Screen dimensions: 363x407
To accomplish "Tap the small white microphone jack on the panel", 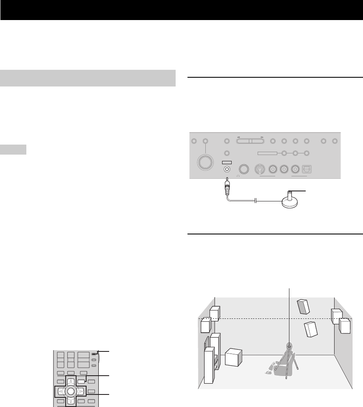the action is [x=227, y=169].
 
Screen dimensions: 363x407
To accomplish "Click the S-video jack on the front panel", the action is [x=259, y=169].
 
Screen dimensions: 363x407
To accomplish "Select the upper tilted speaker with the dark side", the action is [x=304, y=307].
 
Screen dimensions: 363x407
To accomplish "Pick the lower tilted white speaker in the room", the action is [x=310, y=329].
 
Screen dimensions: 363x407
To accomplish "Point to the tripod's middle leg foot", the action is [x=286, y=377].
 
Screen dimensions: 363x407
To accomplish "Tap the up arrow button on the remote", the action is [x=70, y=381].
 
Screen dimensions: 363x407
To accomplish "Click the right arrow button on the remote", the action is [x=81, y=392].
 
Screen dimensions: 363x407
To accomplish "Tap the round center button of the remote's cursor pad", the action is [x=70, y=392].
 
